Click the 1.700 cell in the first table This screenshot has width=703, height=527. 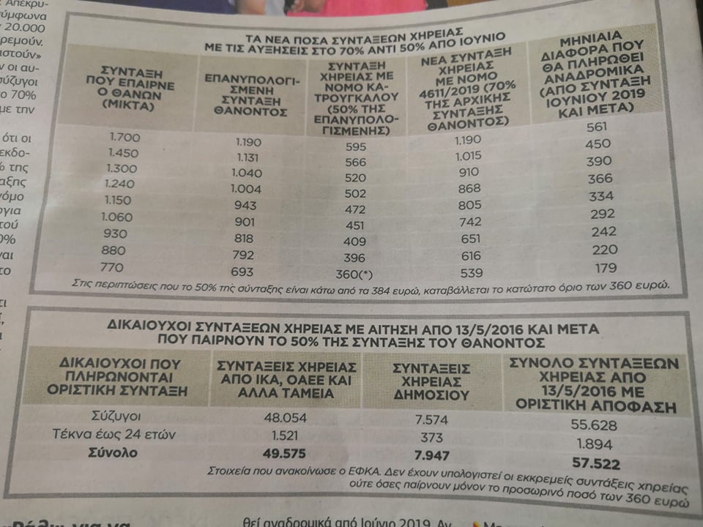click(124, 136)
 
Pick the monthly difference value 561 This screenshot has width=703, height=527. click(598, 127)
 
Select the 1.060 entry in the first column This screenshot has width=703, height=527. click(118, 216)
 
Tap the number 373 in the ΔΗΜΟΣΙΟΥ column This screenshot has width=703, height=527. click(431, 437)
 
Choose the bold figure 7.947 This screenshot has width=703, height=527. click(431, 455)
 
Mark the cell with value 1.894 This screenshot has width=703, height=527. click(595, 444)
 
